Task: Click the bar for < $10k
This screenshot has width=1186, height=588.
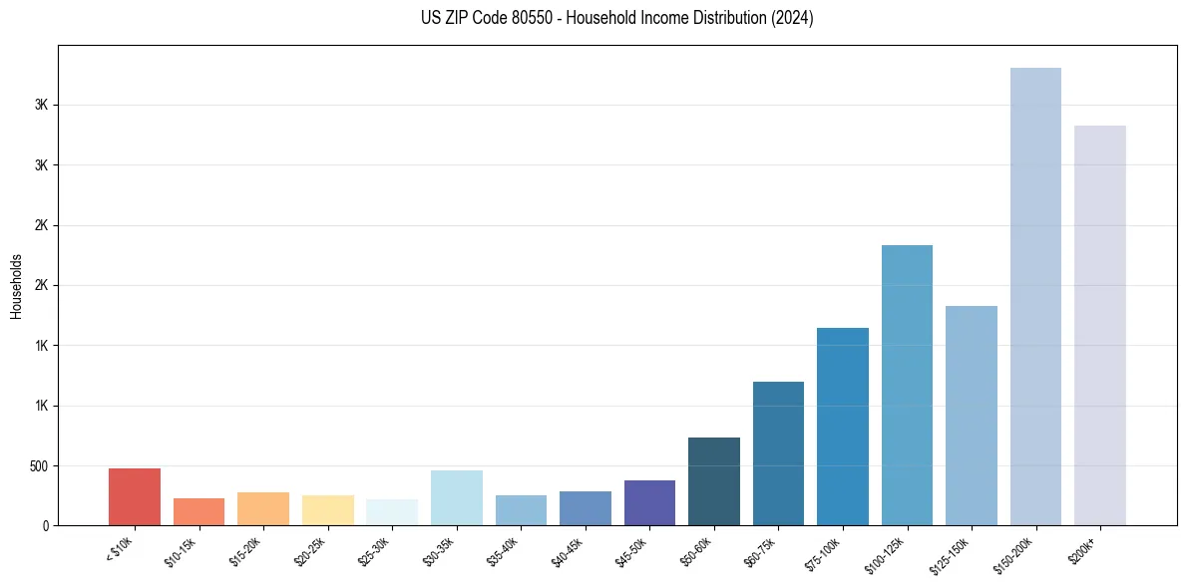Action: pos(135,496)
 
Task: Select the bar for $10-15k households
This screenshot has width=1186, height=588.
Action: pos(198,511)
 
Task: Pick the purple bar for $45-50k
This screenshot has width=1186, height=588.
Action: pos(649,502)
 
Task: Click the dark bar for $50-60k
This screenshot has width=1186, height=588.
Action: pos(714,481)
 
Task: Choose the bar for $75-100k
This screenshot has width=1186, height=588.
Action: pos(843,427)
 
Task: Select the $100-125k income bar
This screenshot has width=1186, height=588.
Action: pos(907,385)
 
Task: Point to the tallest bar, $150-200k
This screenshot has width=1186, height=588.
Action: pos(1035,296)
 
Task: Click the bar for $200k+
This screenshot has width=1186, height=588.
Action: pos(1099,325)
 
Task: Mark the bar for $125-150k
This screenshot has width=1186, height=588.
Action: pos(972,416)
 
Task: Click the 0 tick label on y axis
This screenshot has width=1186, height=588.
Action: pos(46,525)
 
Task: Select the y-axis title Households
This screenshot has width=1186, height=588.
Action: pos(16,286)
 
